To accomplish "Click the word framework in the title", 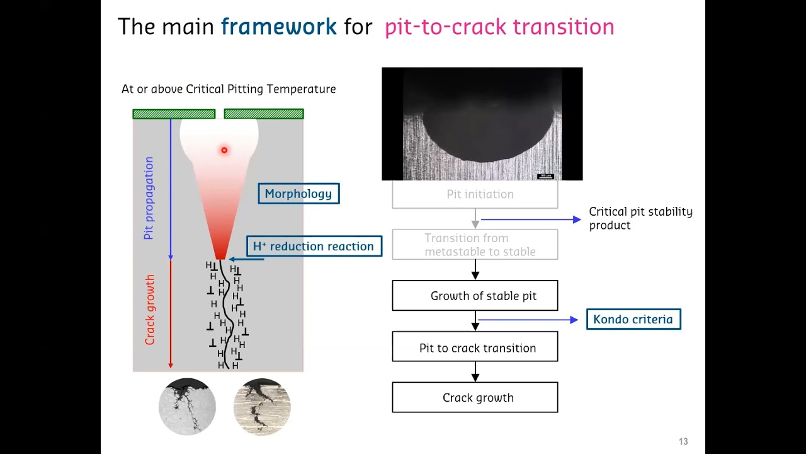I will point(278,26).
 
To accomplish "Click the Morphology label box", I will point(298,194).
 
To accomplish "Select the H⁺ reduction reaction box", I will point(314,246).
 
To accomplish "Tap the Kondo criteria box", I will point(633,319).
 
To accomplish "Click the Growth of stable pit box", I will point(475,296).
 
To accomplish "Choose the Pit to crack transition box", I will point(475,348).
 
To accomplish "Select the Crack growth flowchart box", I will point(475,398).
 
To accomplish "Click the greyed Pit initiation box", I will point(475,194).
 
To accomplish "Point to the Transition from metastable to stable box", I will point(475,245).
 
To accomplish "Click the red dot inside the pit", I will point(224,150).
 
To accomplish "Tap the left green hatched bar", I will point(174,114).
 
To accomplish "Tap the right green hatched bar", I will point(264,114).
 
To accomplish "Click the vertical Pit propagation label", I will point(149,198).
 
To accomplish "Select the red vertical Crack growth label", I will point(150,310).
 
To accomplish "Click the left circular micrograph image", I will point(187,407).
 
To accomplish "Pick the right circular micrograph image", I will point(262,407).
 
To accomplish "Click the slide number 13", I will point(683,441).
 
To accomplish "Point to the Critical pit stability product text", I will point(640,218).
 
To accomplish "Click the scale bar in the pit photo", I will point(545,176).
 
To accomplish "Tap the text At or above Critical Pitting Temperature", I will point(229,89).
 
